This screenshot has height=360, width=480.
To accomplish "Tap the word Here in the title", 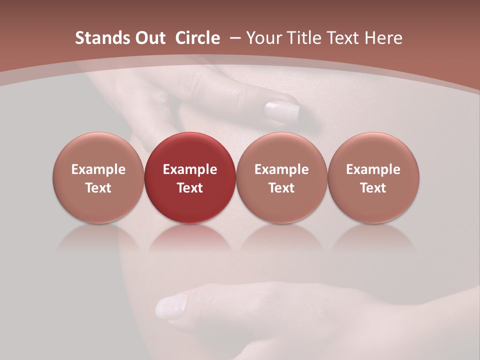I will click(383, 38).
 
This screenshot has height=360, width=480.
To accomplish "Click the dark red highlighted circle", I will click(190, 177).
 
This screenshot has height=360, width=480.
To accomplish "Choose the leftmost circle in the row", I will click(98, 177).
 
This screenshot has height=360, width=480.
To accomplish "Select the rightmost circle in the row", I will click(373, 177).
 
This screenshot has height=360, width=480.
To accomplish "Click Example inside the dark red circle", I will click(190, 169).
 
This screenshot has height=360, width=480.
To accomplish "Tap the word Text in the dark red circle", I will click(190, 188).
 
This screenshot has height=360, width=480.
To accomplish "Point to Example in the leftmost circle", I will click(98, 169).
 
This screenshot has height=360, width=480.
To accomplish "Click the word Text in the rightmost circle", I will click(373, 188).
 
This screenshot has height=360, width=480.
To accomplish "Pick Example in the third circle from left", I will click(281, 169).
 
